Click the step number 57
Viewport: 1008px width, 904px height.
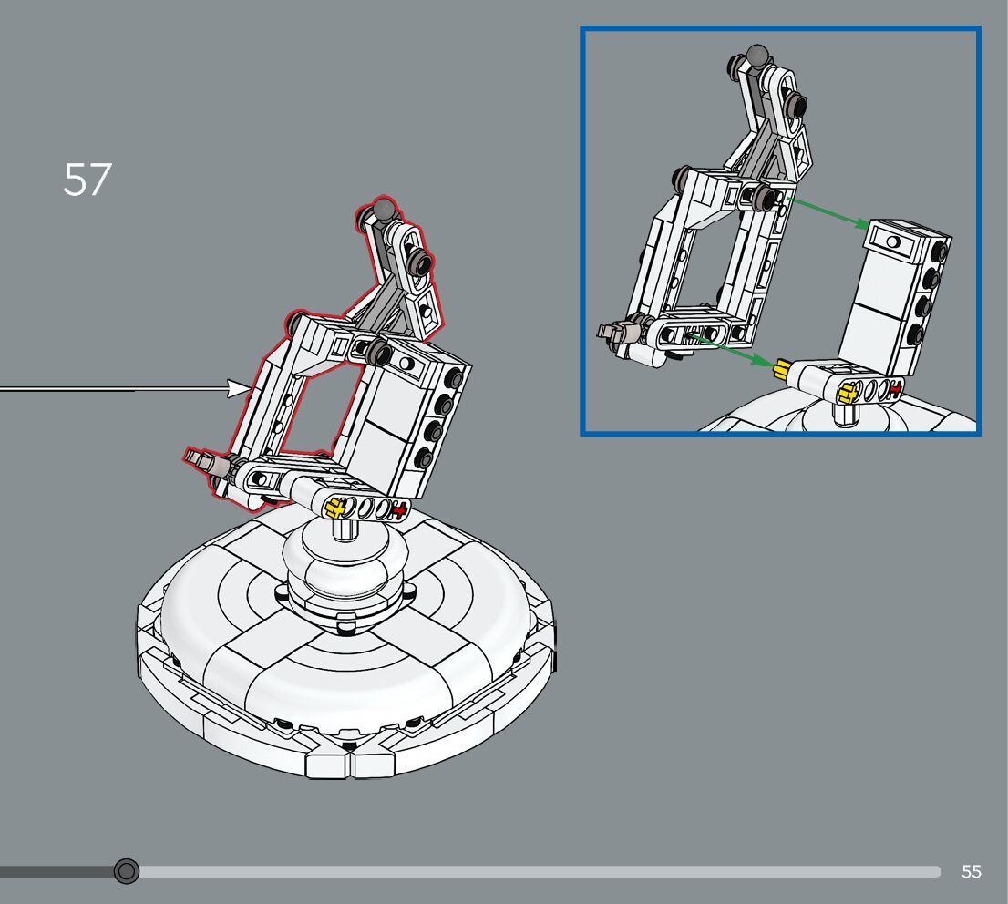coord(87,180)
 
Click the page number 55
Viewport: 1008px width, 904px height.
coord(972,871)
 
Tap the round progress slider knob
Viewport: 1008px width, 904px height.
coord(126,871)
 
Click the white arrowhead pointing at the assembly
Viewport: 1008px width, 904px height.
coord(239,388)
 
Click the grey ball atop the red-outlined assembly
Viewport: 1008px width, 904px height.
coord(385,209)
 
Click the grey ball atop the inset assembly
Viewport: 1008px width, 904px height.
coord(758,56)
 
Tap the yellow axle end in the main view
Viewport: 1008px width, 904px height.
coord(334,508)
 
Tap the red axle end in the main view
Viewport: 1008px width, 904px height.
coord(399,510)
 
